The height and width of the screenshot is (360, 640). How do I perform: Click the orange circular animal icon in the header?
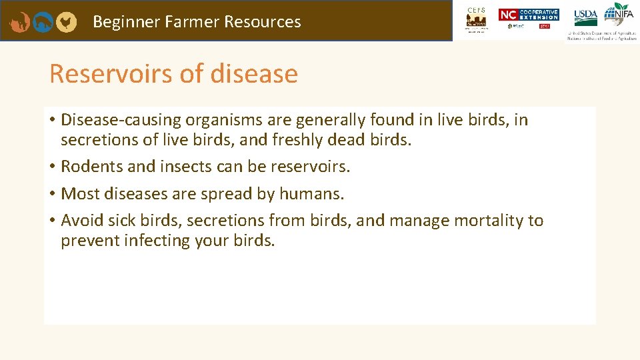(x=20, y=22)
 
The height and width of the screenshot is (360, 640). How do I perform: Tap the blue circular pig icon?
(x=43, y=22)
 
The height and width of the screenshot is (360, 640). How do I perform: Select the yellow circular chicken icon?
(x=65, y=22)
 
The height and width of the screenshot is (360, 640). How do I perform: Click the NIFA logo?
(x=619, y=15)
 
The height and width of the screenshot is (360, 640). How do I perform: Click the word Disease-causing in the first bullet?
(x=121, y=120)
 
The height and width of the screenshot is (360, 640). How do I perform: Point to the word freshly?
(x=349, y=141)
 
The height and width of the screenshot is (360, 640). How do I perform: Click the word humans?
(x=311, y=194)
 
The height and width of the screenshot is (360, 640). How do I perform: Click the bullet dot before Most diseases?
(x=51, y=194)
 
